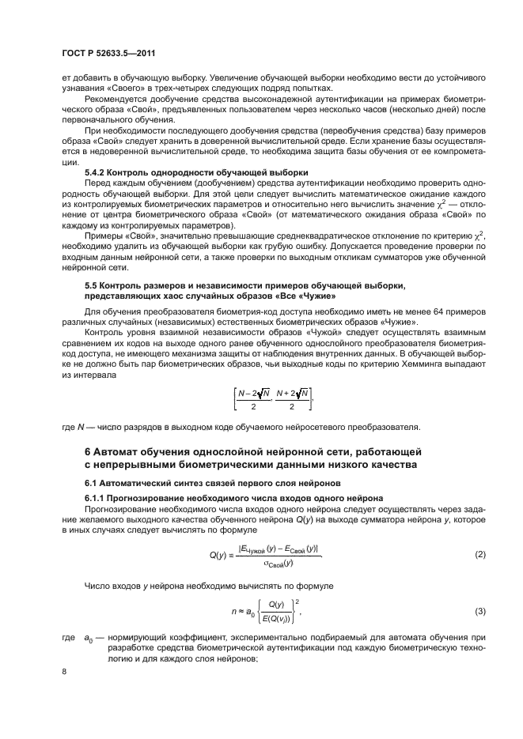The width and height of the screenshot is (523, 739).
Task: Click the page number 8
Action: (64, 670)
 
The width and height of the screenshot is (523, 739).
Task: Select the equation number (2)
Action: (479, 555)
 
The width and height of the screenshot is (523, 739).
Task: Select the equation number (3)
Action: (479, 611)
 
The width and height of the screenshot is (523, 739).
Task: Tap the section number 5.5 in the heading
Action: (92, 285)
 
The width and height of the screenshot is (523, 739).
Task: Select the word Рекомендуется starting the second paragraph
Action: (117, 100)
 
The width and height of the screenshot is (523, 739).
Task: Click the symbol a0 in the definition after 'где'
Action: (89, 635)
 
